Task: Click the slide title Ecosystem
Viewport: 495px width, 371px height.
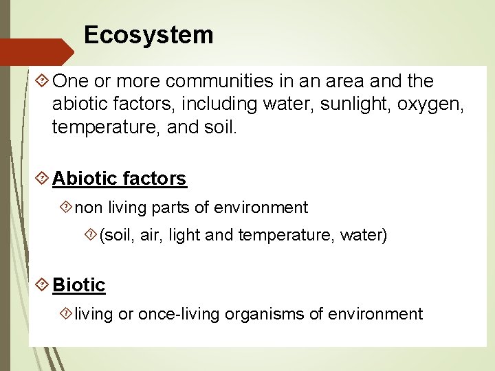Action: pyautogui.click(x=148, y=34)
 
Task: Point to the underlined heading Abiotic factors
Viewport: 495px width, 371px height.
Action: pyautogui.click(x=119, y=179)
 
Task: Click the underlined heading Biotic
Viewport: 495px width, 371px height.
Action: pyautogui.click(x=79, y=285)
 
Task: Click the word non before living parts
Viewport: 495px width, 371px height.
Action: pyautogui.click(x=88, y=207)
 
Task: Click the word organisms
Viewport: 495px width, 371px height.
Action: pyautogui.click(x=258, y=315)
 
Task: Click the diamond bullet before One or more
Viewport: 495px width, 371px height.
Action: pyautogui.click(x=42, y=81)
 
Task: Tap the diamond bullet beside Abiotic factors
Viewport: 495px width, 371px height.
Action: pyautogui.click(x=42, y=179)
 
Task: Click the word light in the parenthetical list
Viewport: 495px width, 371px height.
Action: pyautogui.click(x=184, y=236)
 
